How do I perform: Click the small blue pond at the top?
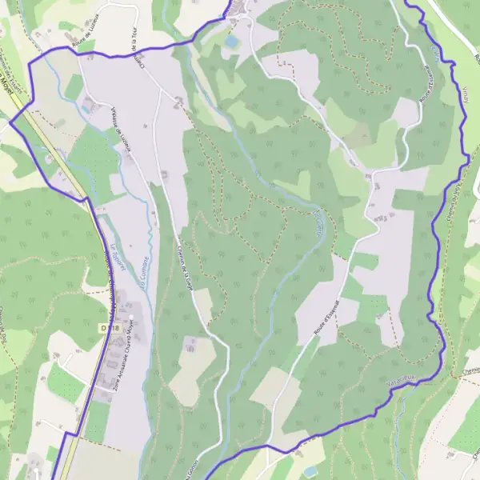click(x=232, y=39)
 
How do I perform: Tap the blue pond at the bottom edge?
click(x=310, y=472)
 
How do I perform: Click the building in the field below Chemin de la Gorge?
click(x=191, y=346)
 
